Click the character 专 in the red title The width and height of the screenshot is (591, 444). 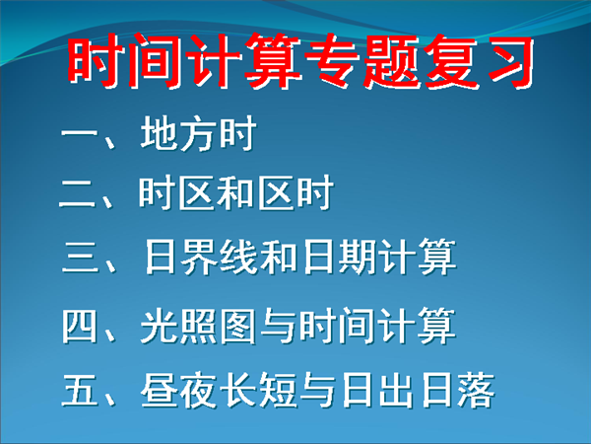point(331,61)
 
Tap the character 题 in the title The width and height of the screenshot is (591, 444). point(390,61)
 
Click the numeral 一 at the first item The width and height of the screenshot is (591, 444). point(78,133)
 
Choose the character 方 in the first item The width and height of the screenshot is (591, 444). point(198,133)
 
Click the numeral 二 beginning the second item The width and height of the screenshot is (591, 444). point(77,193)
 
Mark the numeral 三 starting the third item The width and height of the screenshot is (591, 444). point(80,257)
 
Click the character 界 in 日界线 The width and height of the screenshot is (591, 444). point(199,257)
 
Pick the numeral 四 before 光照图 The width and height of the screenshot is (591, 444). point(79,326)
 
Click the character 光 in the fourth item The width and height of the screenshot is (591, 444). point(159,326)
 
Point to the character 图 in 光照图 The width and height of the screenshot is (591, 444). point(238,326)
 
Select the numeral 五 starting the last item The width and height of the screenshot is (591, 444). point(80,391)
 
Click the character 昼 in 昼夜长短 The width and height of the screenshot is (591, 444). point(159,391)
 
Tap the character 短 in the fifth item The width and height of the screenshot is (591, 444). point(278,391)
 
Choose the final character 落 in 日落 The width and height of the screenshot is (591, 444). point(476,391)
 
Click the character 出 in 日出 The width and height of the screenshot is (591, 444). point(396,391)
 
